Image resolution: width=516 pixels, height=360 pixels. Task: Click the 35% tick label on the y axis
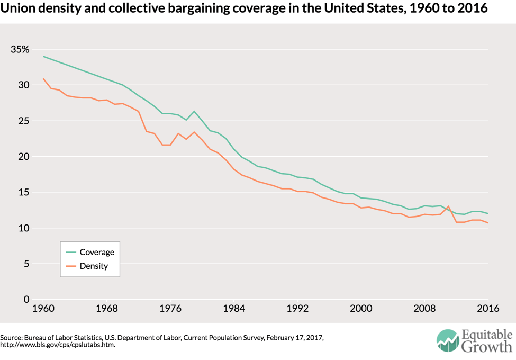[20, 49]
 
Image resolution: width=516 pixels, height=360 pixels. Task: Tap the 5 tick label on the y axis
[26, 264]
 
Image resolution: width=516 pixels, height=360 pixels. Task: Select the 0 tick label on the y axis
[26, 300]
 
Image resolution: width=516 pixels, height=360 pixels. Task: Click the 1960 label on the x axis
[43, 308]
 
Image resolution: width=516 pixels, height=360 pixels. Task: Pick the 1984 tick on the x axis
[234, 308]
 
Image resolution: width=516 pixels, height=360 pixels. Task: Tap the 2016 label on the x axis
[487, 308]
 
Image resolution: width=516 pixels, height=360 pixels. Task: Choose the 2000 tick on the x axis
[361, 308]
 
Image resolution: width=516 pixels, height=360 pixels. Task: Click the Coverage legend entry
[96, 252]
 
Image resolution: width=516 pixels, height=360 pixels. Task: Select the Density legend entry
[94, 266]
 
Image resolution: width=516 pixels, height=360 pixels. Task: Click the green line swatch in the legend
[69, 252]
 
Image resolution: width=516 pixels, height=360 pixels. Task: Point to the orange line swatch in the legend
[69, 266]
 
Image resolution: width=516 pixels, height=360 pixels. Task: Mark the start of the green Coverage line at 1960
[43, 56]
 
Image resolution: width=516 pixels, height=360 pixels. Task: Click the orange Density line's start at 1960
[43, 78]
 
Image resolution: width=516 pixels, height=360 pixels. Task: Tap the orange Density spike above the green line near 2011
[448, 206]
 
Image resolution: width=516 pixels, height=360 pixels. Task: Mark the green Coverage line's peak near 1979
[194, 111]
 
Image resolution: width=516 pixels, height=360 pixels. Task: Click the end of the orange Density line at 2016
[487, 223]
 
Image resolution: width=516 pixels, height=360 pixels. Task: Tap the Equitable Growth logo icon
[448, 341]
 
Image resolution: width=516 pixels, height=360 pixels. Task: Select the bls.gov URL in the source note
[58, 345]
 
